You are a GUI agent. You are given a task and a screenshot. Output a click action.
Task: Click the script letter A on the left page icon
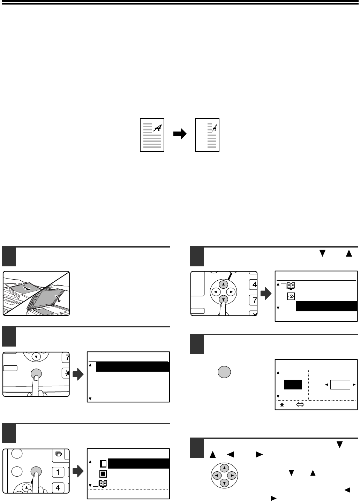158,128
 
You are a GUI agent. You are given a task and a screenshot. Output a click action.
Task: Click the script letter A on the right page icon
214,128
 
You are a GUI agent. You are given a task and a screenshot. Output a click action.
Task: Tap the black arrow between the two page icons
180,134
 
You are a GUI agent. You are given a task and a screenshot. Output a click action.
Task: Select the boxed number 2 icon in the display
291,297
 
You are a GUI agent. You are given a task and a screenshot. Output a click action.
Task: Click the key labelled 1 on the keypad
58,472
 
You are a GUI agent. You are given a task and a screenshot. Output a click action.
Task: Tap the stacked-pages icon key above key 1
59,454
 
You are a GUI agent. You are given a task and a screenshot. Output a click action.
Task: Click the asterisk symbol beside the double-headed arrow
282,404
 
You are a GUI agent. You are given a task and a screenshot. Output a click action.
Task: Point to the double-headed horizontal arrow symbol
300,404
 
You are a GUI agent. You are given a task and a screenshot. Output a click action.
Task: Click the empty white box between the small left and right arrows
340,385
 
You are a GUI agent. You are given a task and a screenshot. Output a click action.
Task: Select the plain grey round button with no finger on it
224,372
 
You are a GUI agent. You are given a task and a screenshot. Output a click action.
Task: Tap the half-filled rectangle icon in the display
103,464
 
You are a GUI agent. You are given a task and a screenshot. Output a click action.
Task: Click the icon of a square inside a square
103,474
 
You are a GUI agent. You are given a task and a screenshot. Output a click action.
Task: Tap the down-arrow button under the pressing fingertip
223,299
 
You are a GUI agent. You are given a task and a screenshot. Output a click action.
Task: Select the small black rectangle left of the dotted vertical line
293,385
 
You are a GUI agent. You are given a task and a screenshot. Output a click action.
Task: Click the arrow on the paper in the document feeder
27,289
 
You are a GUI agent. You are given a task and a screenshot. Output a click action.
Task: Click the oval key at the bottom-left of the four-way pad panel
197,311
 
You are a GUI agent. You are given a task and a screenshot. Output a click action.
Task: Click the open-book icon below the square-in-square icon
103,484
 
